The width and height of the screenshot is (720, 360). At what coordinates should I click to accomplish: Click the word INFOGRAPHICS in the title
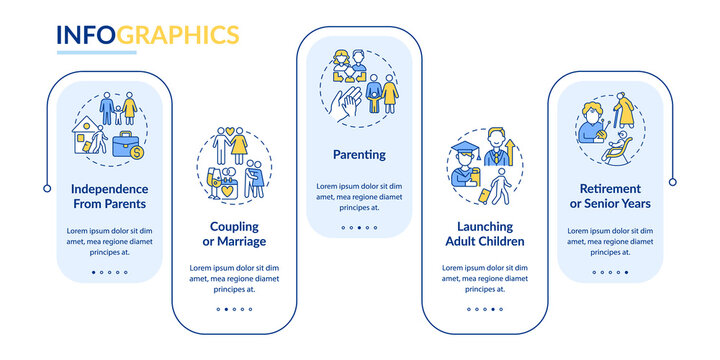coord(147,35)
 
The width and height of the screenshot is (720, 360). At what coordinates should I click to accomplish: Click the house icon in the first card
coord(88,136)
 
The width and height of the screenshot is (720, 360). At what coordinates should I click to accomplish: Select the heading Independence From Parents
coord(109,196)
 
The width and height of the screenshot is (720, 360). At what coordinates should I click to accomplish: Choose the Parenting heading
coord(359,155)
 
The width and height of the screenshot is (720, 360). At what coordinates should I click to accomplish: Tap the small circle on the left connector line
coord(47,188)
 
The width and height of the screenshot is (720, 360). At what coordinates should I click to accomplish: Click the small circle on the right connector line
coord(672,182)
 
